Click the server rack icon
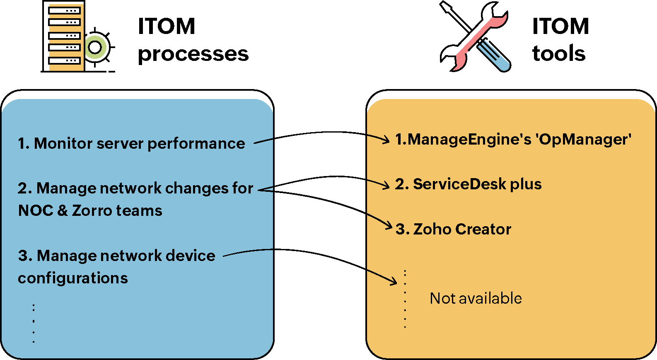tap(64, 36)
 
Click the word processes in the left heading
tap(193, 54)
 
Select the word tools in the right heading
tap(559, 53)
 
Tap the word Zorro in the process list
tap(92, 210)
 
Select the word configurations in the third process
tap(73, 278)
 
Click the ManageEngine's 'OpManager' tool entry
tap(513, 140)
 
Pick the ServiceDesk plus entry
tap(469, 184)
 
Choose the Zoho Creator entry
tap(454, 229)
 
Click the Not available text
tap(476, 298)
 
